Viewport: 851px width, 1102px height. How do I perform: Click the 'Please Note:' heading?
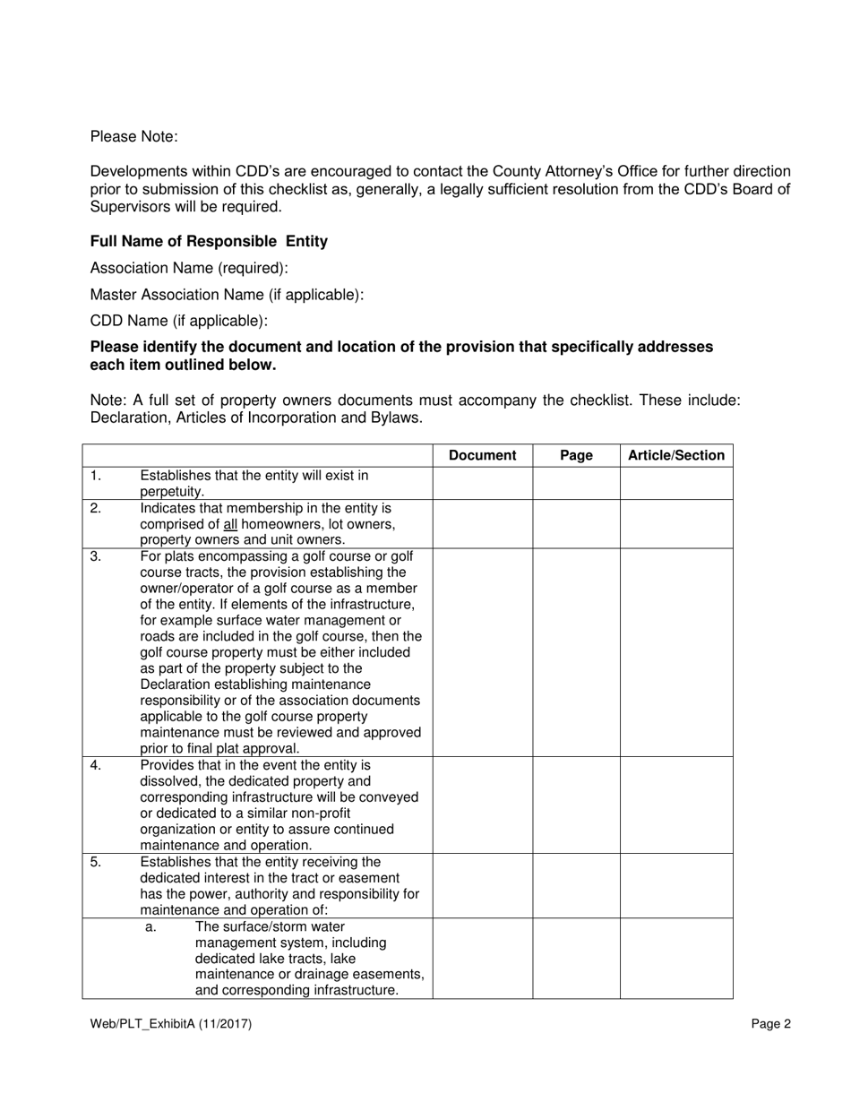134,137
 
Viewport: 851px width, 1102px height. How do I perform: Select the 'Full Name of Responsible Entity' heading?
209,242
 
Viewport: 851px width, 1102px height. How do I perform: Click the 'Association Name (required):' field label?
189,268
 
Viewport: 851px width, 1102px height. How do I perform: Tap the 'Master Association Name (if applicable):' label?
227,295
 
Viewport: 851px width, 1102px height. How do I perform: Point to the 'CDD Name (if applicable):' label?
179,321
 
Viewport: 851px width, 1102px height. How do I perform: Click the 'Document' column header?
482,455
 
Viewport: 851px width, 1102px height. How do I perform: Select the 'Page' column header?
576,455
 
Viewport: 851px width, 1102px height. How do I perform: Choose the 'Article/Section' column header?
676,455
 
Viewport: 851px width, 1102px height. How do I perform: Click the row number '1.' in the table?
96,476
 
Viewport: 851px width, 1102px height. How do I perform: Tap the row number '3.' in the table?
96,556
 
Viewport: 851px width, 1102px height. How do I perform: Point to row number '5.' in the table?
96,862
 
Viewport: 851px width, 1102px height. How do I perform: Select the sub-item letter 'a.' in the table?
150,926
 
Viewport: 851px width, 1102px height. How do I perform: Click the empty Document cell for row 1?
482,484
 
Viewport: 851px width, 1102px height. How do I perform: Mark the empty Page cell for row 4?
576,805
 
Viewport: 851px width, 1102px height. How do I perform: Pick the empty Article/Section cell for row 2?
676,523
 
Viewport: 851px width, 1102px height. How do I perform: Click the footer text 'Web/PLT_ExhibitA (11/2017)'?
170,1024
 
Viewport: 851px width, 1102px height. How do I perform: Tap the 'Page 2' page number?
771,1024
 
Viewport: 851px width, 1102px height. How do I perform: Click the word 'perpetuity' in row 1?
171,492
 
